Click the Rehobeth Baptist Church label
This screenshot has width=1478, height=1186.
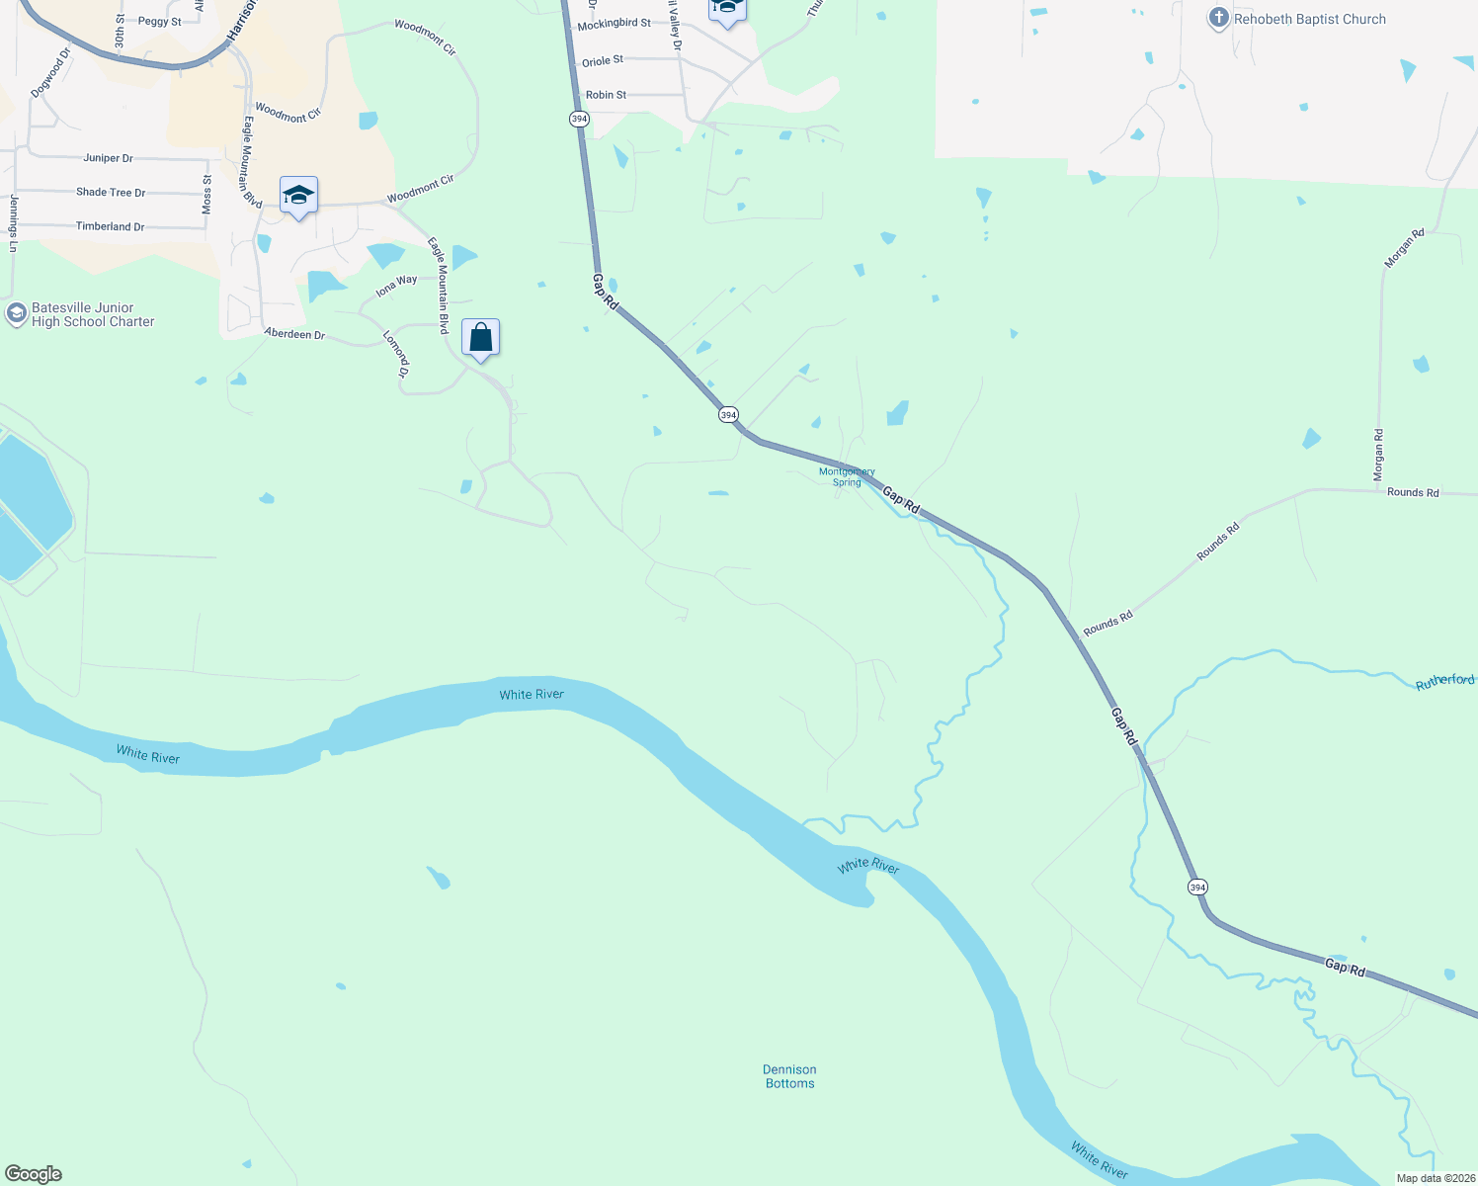coord(1309,19)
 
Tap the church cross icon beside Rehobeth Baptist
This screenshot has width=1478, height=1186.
coord(1219,18)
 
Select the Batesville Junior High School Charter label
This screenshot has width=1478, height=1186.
coord(93,314)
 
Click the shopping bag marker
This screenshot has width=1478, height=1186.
coord(480,338)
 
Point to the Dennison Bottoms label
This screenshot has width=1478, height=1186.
coord(789,1076)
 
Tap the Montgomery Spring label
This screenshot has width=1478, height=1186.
coord(847,477)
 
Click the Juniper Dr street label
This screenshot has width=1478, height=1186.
coord(108,158)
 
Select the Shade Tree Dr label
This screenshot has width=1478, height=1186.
coord(111,193)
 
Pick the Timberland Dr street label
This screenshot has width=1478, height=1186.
coord(110,226)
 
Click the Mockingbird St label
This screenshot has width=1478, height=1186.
coord(614,24)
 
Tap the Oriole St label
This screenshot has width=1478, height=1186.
coord(603,61)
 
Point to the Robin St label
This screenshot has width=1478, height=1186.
coord(606,95)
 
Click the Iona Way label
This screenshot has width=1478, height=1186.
coord(396,287)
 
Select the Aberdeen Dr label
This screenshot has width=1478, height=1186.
coord(294,334)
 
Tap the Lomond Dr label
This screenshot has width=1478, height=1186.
coord(396,353)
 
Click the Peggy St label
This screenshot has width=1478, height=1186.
coord(160,21)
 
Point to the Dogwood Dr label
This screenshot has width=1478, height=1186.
coord(50,73)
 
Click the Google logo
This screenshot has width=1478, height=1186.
coord(34,1174)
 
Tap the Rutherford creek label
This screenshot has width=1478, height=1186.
coord(1444,681)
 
